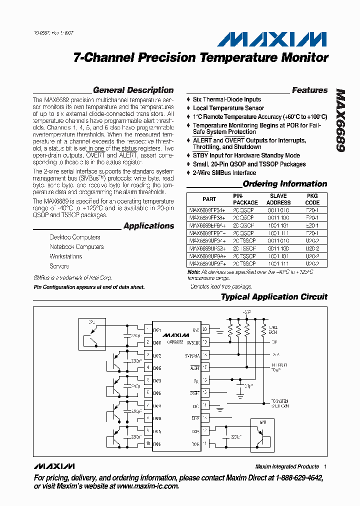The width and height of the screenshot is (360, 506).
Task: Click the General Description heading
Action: (x=133, y=90)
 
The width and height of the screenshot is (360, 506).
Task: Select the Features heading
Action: (x=309, y=90)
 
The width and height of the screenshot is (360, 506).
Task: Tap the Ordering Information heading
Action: (x=285, y=184)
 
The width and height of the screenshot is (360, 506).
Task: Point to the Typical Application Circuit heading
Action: (x=274, y=297)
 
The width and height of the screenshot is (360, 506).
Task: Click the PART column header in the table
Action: (x=209, y=199)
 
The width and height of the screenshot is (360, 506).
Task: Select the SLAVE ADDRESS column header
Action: (x=278, y=199)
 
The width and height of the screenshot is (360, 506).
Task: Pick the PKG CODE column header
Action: (x=312, y=199)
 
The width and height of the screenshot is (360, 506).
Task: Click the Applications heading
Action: (x=148, y=226)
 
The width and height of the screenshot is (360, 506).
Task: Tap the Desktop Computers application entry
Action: (x=74, y=237)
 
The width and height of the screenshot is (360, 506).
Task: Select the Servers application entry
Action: (x=59, y=266)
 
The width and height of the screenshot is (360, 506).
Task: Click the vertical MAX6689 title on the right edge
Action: (x=340, y=120)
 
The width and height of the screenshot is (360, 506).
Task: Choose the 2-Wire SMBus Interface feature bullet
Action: (x=224, y=172)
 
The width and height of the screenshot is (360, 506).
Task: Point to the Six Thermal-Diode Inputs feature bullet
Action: (x=226, y=99)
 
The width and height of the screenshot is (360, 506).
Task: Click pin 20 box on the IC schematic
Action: (x=204, y=330)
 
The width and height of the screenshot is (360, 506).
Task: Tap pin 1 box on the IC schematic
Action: (x=147, y=330)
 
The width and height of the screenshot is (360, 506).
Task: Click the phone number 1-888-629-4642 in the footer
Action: (x=294, y=478)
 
